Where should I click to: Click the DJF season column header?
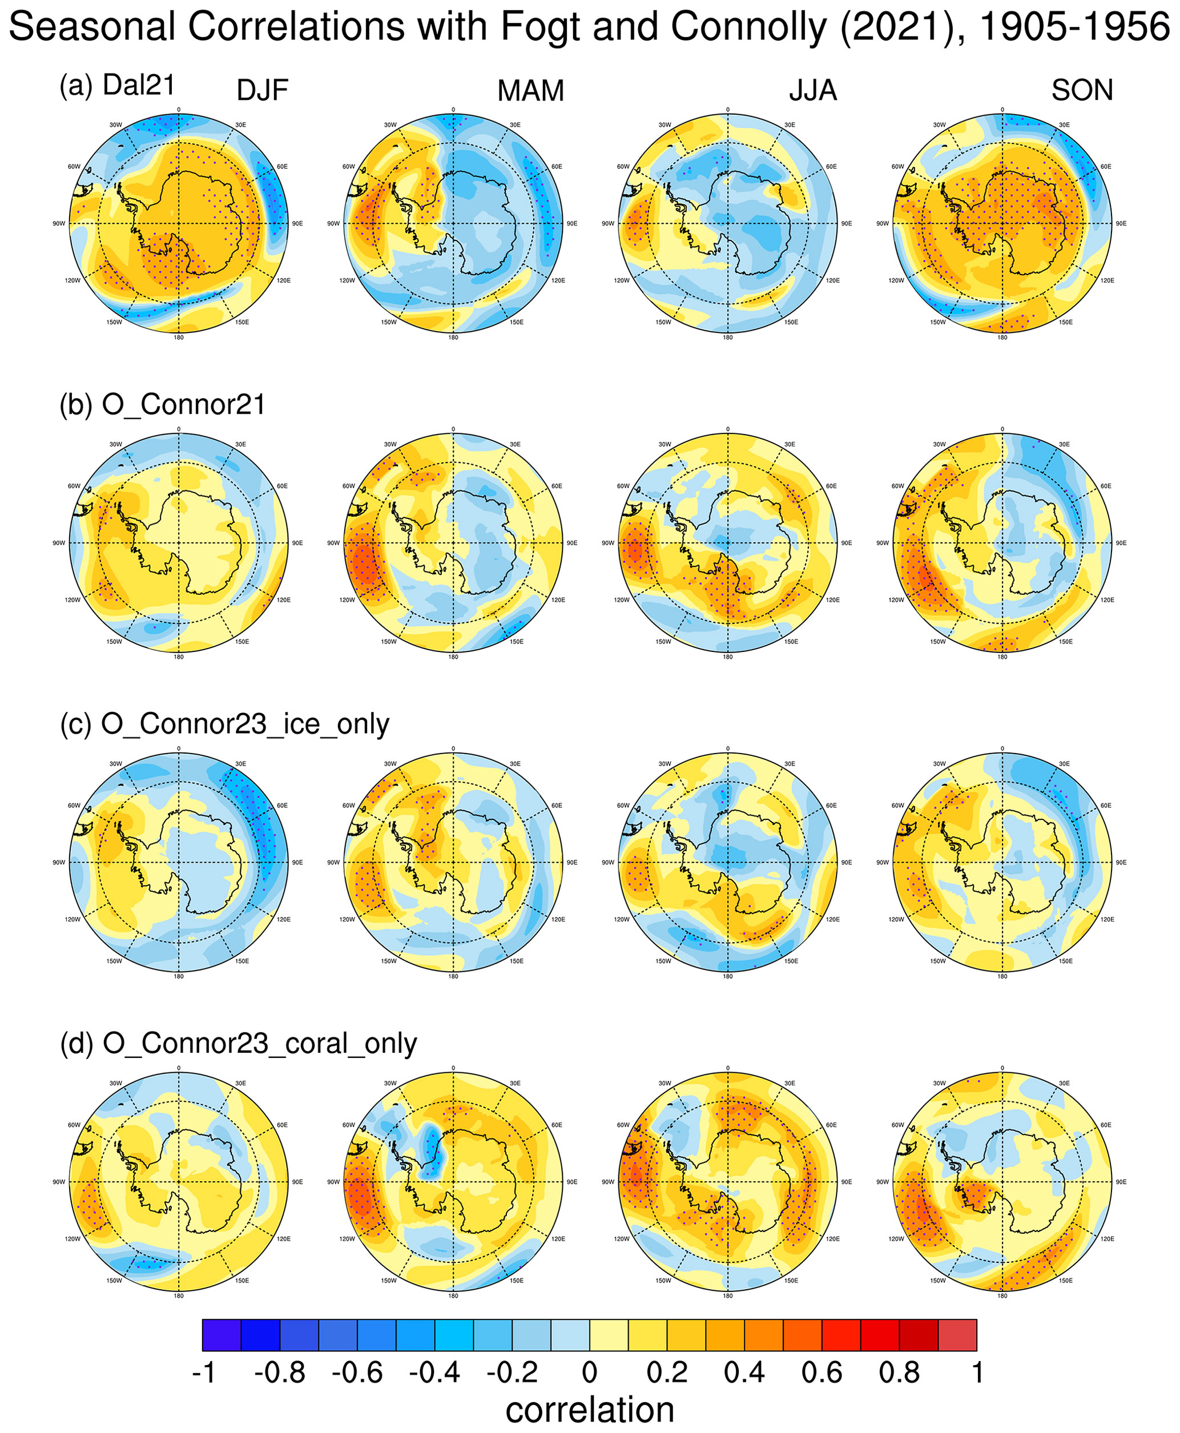263,90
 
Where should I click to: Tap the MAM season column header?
530,90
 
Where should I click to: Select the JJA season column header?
812,90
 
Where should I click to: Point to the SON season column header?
1082,90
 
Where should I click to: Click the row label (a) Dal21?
118,86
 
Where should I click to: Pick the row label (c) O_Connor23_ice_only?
224,724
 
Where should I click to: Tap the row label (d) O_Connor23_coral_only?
239,1044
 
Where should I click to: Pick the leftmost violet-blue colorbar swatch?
221,1335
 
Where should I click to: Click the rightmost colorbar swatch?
957,1335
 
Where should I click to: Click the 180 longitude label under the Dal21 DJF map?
179,338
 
